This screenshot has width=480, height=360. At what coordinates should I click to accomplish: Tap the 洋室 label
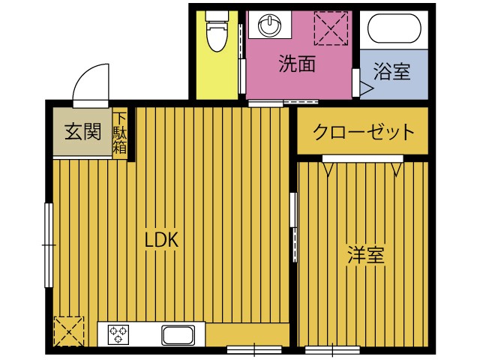click(365, 255)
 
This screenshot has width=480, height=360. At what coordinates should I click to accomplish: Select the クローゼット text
click(363, 133)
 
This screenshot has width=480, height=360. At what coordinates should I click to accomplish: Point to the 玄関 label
click(82, 132)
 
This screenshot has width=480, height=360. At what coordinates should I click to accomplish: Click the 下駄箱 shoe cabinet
click(120, 133)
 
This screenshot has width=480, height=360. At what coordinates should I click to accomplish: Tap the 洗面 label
click(296, 64)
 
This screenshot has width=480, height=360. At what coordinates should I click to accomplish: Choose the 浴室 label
click(391, 72)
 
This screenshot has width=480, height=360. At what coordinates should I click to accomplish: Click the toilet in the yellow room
click(215, 32)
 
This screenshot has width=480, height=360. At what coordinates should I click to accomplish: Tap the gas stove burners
click(118, 334)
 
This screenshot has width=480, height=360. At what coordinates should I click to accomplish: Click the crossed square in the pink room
click(332, 28)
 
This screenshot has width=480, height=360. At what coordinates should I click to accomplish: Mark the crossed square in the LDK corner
click(66, 331)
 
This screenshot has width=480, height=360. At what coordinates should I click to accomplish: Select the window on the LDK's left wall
click(48, 244)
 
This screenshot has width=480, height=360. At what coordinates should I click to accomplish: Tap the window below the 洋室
click(332, 349)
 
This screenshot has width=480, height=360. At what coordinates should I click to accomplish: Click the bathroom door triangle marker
click(366, 88)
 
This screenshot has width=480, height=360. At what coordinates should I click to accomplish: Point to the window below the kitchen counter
click(253, 349)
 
